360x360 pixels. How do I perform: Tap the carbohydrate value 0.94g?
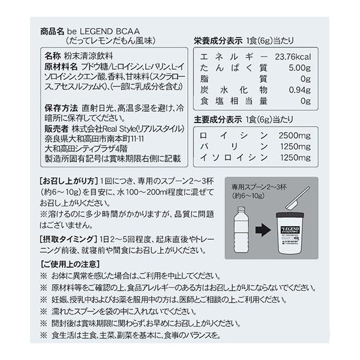(x=299, y=90)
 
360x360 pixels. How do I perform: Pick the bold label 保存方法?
(x=62, y=109)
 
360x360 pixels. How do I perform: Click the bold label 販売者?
(x=58, y=129)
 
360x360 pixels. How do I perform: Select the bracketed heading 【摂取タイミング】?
(x=69, y=238)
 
